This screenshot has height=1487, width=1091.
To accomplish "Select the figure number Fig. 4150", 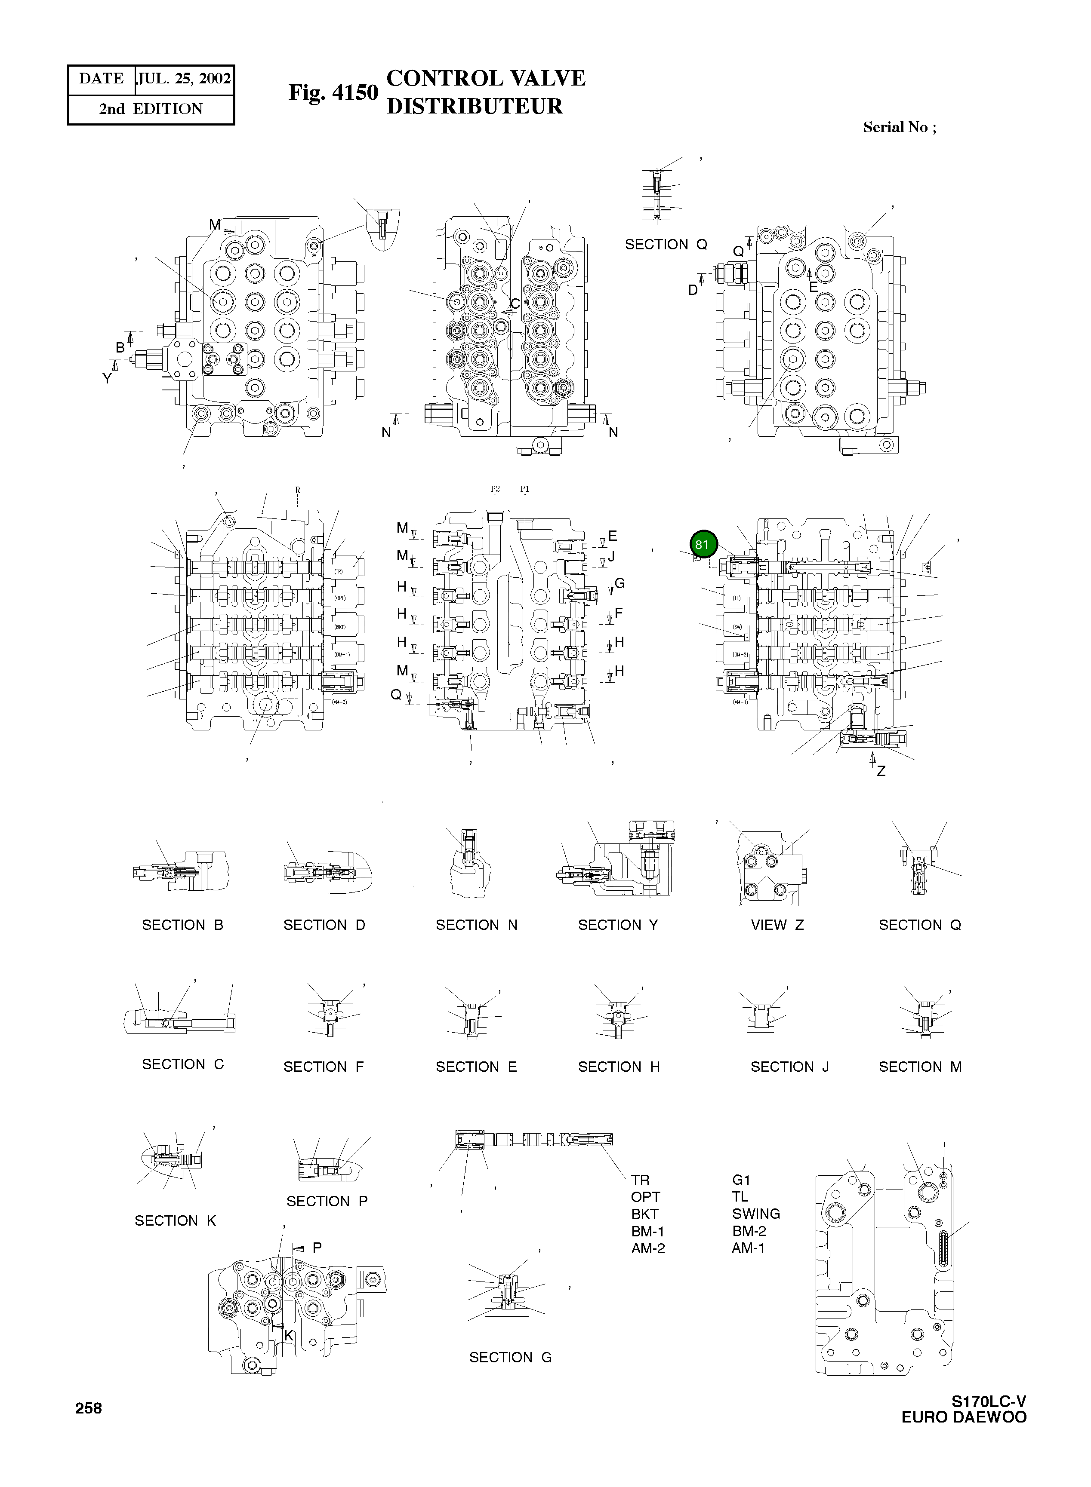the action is click(x=333, y=92).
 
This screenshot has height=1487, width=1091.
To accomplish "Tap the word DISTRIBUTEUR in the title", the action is click(x=474, y=106).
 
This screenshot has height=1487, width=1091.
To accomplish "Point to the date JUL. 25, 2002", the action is click(x=184, y=79).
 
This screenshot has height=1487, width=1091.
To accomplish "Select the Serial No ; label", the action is click(x=900, y=127).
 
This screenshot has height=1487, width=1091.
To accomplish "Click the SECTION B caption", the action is click(x=182, y=925).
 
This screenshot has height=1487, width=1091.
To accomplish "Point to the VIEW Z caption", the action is click(x=777, y=925).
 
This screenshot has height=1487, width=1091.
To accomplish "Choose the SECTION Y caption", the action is click(x=618, y=925).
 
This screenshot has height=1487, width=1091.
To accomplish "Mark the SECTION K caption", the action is click(x=175, y=1221).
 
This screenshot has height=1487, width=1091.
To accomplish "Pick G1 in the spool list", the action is click(x=742, y=1180).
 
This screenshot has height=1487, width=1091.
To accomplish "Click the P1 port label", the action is click(x=524, y=489).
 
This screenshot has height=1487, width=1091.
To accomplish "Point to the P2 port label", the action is click(x=495, y=489).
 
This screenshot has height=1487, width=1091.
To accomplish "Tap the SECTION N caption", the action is click(x=476, y=925).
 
